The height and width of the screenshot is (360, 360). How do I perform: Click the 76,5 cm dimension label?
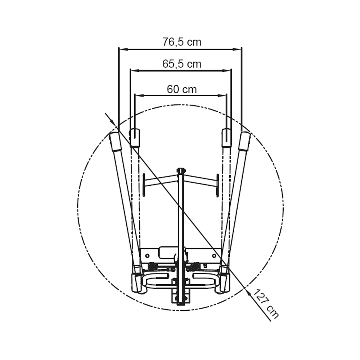pyautogui.click(x=182, y=42)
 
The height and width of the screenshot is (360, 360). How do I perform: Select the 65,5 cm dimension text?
pyautogui.click(x=182, y=64)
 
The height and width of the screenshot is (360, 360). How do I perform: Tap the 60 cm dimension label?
pyautogui.click(x=182, y=89)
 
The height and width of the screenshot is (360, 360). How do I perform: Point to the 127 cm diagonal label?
pyautogui.click(x=266, y=304)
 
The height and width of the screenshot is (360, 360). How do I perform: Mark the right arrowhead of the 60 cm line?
pyautogui.click(x=222, y=95)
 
